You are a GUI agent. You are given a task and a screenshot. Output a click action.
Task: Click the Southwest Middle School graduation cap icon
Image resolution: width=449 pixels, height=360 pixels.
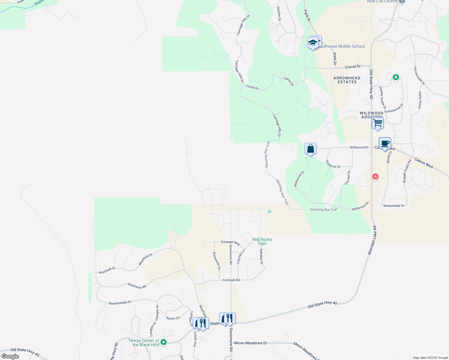coord(313,43)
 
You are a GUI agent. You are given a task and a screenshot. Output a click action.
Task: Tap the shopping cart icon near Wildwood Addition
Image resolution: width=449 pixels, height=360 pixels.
coord(378,123)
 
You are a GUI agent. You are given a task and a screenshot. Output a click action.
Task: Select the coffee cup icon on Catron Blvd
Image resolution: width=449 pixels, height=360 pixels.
coord(385,143)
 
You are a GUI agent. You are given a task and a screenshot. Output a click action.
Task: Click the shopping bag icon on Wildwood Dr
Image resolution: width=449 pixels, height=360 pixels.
coord(311,149)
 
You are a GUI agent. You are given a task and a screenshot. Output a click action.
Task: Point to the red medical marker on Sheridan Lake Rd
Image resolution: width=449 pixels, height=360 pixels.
coord(375,176)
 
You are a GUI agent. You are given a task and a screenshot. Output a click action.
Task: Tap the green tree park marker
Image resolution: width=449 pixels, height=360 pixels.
coord(396,77)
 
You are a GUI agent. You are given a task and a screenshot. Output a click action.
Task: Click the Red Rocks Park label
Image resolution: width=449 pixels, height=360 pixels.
coord(262,241)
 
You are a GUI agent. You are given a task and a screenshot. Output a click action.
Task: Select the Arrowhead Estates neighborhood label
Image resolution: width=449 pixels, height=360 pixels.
coord(347,80)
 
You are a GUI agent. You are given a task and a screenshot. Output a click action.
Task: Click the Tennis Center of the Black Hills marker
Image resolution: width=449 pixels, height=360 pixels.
coord(164,342)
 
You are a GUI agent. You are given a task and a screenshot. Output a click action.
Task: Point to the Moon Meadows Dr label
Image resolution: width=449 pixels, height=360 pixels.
coord(251,343)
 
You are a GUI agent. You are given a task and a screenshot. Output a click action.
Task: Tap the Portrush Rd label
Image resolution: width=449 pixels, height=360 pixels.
coord(231,280)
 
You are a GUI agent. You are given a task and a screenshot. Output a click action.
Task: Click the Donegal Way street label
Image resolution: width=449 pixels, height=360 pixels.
coord(231,242)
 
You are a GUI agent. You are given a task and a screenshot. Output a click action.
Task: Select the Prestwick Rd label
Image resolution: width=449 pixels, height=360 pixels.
coord(137,286)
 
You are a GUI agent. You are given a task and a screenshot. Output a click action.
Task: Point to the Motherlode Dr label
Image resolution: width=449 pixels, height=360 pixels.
coord(394,206)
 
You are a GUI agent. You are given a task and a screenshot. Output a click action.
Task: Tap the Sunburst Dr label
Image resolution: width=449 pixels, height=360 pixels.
coord(333,164)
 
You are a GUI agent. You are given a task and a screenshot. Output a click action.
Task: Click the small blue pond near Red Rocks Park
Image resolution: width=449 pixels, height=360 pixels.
coord(270,211)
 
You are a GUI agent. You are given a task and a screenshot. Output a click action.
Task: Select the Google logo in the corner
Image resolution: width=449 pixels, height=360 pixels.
coord(10,356)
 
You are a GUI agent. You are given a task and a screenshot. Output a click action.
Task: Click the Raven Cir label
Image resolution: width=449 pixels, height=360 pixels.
coord(173,318)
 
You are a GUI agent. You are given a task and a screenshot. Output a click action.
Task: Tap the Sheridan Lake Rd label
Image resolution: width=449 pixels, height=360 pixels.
coord(372,241)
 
